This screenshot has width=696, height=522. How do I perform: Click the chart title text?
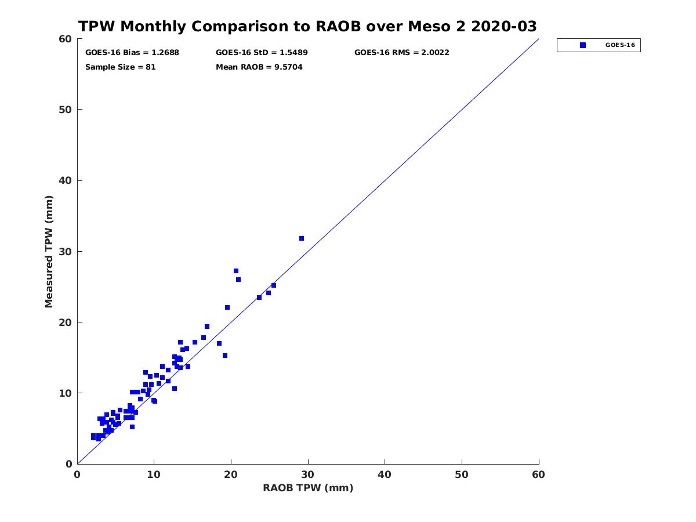point(307,27)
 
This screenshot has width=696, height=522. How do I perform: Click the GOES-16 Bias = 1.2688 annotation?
point(132,52)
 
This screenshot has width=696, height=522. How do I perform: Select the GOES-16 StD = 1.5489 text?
point(262,52)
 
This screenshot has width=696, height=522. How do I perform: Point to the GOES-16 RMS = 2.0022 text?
point(401,52)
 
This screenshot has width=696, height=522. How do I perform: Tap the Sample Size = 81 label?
point(121,67)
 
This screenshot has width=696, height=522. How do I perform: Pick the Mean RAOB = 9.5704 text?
point(259,67)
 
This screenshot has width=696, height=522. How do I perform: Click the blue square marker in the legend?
point(583,45)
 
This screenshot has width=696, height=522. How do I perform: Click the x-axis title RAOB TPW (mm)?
point(308,488)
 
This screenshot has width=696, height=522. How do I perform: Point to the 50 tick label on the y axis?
point(66,110)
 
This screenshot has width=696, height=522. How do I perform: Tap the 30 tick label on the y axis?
point(66,251)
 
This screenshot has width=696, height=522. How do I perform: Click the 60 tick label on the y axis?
point(66,39)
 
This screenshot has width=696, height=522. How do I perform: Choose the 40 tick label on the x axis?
point(385,475)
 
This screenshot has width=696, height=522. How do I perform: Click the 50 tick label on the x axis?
point(462,475)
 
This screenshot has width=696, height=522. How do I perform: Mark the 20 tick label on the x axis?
point(231,475)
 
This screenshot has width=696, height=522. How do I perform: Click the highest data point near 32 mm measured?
point(302,238)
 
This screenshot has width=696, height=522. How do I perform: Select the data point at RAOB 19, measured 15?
point(225,356)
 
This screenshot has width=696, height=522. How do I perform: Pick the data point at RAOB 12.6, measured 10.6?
point(175,389)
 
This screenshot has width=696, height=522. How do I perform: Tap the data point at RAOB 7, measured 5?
point(132,427)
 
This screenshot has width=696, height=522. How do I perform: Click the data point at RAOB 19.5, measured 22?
point(227,307)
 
